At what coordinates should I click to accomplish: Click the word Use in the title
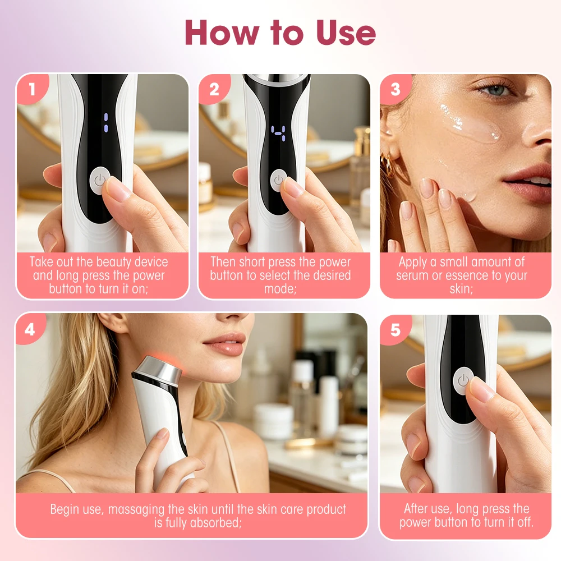pyautogui.click(x=346, y=33)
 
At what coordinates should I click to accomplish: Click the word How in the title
pyautogui.click(x=222, y=33)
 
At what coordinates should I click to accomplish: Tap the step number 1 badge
pyautogui.click(x=32, y=89)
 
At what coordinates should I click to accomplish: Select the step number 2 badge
pyautogui.click(x=214, y=89)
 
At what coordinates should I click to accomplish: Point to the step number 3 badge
pyautogui.click(x=396, y=89)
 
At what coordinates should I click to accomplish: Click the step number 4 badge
pyautogui.click(x=30, y=329)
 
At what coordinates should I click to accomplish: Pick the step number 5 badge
pyautogui.click(x=396, y=330)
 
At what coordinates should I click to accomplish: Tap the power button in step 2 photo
pyautogui.click(x=278, y=181)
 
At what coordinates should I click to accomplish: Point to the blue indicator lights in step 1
pyautogui.click(x=106, y=122)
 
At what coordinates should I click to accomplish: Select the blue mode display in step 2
pyautogui.click(x=278, y=133)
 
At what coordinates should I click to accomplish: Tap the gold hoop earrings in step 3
pyautogui.click(x=387, y=163)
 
